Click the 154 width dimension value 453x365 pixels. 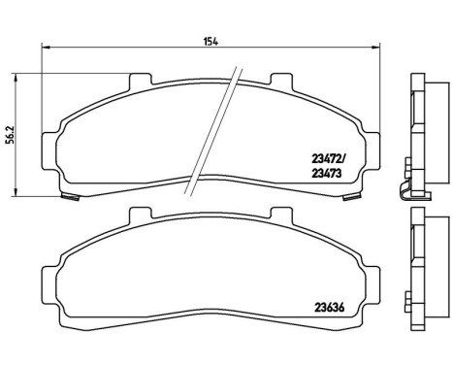click(209, 42)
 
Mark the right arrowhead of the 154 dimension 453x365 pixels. click(375, 48)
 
